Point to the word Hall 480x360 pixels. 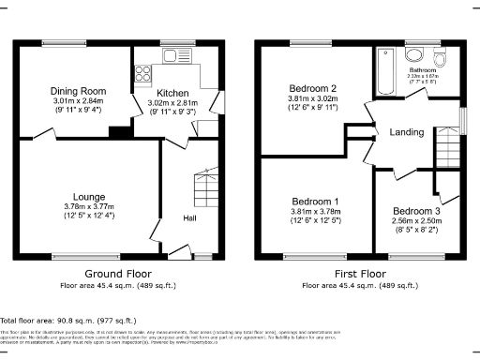[x=189, y=218]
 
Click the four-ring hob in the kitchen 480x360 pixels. [x=144, y=70]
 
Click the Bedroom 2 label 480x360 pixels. [x=312, y=87]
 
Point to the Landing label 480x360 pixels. [x=405, y=132]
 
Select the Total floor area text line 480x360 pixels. [x=62, y=320]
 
